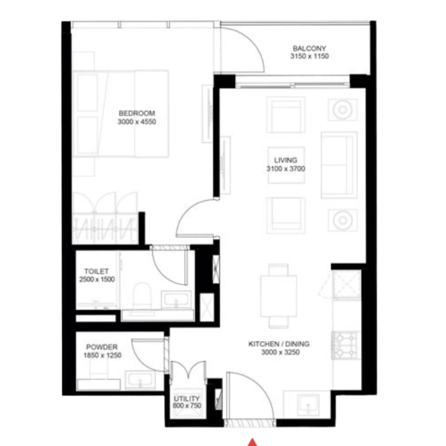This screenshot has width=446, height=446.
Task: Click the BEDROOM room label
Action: pos(137,113)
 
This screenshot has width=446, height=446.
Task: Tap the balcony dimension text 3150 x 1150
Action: pos(309,56)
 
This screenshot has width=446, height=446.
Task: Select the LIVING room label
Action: pos(286,160)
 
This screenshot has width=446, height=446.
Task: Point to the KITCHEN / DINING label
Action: pos(279,344)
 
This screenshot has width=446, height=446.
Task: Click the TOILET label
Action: pos(96,271)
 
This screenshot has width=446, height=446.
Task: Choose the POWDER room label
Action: pos(102,347)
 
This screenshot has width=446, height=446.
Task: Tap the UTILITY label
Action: pos(186,399)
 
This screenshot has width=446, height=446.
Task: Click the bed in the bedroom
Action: pos(121,114)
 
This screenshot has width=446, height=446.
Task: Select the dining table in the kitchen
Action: pos(279,296)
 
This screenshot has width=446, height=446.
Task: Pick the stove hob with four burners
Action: pos(346,345)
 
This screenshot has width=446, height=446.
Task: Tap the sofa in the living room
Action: pos(339,165)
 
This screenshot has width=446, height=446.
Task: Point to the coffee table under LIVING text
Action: pos(286,165)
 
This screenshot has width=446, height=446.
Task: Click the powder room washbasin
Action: pos(140,380)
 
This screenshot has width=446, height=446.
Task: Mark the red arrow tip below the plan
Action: pos(252,440)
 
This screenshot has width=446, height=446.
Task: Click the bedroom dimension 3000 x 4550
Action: pos(137,122)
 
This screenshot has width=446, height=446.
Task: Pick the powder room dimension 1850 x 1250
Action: pos(102,355)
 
